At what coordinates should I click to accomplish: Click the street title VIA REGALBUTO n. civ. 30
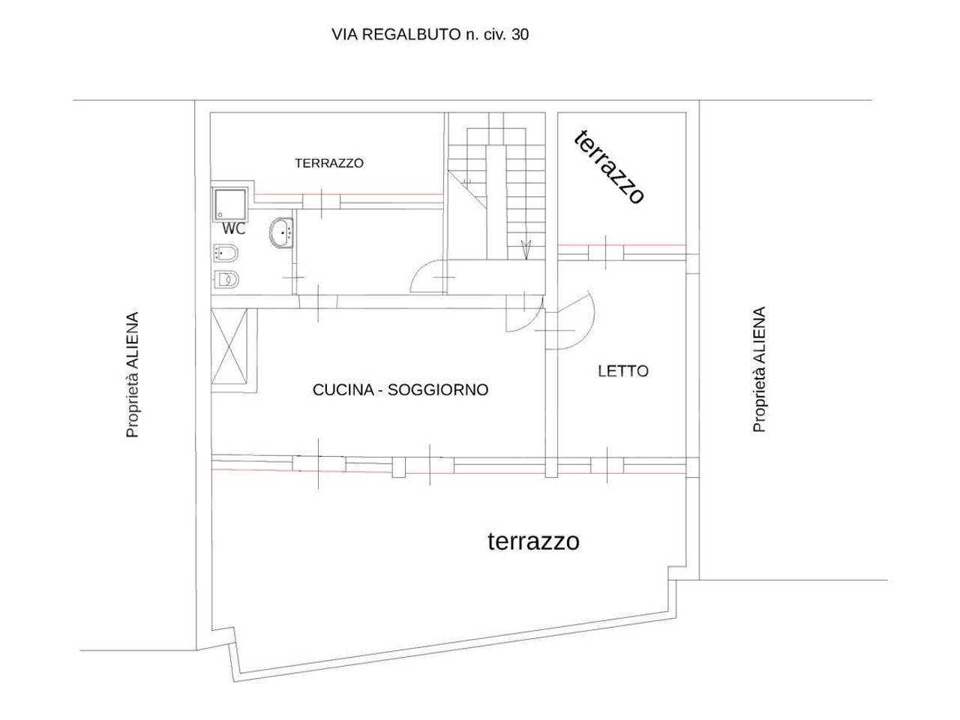coord(430,34)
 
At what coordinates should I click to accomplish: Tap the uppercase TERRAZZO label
coord(328,163)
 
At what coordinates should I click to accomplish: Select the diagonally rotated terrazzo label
coord(609,166)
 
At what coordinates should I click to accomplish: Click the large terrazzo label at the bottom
coord(533,541)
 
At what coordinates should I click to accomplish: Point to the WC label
coord(233,229)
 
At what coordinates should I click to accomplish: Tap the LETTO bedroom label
coord(622,370)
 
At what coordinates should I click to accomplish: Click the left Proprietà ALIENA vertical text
coord(133,375)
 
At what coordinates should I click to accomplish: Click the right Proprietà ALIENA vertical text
coord(759,369)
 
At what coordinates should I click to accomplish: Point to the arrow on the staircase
coord(526,248)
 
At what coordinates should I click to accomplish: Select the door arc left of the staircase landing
coord(427,275)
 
